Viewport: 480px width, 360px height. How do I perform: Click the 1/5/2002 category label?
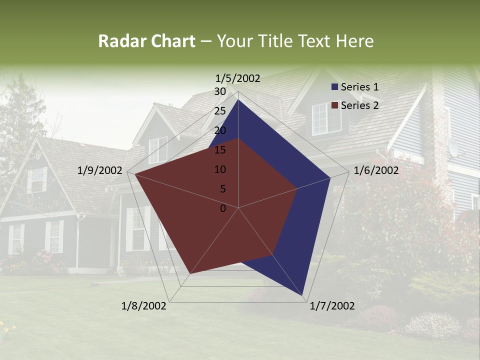(x=238, y=78)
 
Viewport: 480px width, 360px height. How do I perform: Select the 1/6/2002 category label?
(x=376, y=170)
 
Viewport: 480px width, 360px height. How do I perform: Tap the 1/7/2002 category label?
(x=332, y=306)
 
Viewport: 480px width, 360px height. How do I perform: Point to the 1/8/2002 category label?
(x=144, y=306)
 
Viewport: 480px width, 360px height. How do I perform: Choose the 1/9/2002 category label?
(x=100, y=170)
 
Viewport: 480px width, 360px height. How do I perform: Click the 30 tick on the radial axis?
(x=219, y=91)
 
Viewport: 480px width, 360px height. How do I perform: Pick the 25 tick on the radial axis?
(x=219, y=111)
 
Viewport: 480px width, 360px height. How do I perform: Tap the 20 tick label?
(x=219, y=130)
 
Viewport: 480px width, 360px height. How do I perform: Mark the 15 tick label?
(x=219, y=150)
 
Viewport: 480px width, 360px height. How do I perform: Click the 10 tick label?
(x=219, y=169)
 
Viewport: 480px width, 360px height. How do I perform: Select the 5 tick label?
(x=222, y=189)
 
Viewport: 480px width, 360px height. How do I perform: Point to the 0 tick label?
(x=222, y=208)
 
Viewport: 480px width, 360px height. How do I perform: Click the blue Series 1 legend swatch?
(x=335, y=87)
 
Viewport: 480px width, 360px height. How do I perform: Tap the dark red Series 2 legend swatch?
(x=335, y=105)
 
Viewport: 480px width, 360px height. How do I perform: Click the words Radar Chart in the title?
(x=146, y=41)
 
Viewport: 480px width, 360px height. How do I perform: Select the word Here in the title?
(x=354, y=41)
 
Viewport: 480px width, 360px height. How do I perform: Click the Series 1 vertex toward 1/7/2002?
(x=303, y=296)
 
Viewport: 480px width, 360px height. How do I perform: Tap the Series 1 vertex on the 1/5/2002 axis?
(x=238, y=99)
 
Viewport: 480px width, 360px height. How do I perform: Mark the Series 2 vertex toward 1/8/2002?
(x=189, y=274)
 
